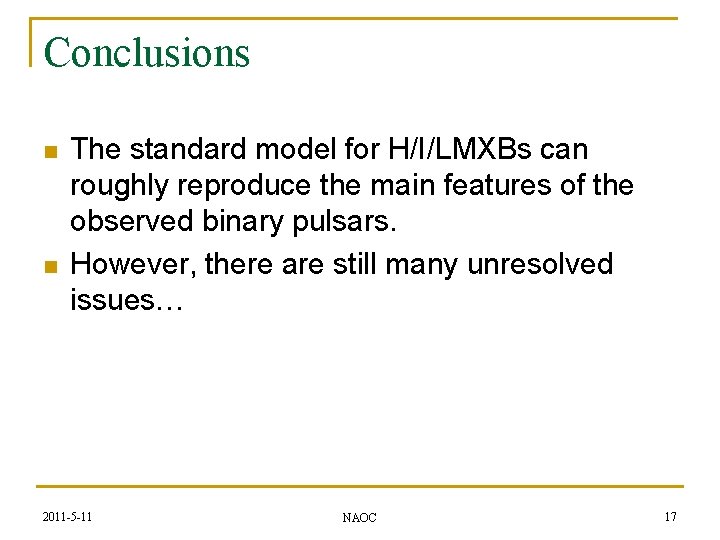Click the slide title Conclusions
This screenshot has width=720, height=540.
(x=147, y=52)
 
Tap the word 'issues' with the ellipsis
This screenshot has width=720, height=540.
(x=126, y=300)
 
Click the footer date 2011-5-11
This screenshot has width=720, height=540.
(x=69, y=516)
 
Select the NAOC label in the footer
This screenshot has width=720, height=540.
(x=359, y=517)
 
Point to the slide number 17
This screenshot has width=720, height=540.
(x=670, y=516)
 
